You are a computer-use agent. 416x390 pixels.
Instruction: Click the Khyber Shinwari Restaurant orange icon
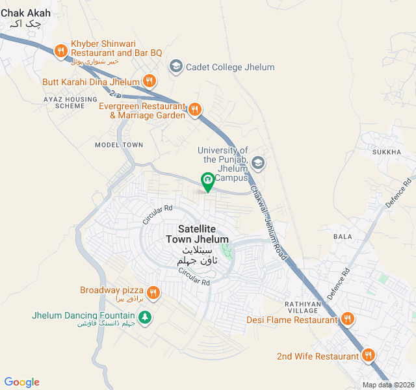tap(60, 50)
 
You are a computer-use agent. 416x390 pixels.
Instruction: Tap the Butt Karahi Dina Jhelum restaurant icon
tap(149, 81)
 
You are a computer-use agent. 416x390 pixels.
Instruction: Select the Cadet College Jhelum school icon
tap(175, 66)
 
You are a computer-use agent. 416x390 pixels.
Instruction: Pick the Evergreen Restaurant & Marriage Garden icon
tap(195, 109)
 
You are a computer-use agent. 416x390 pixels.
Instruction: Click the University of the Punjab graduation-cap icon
tap(257, 162)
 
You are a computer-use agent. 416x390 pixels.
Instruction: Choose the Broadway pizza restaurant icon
tap(153, 292)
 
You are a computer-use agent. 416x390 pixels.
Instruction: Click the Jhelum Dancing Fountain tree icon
tap(147, 317)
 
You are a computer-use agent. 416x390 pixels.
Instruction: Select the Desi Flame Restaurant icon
tap(348, 319)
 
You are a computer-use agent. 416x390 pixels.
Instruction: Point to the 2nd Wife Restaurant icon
tap(369, 356)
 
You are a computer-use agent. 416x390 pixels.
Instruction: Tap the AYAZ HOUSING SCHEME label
tap(64, 101)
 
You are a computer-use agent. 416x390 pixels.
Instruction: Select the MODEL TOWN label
tap(118, 144)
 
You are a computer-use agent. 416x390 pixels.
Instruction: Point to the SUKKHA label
tap(387, 152)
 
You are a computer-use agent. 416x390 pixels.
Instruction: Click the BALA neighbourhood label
tap(342, 236)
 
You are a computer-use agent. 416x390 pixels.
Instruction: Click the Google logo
tap(21, 382)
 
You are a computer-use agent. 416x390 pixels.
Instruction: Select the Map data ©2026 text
tap(387, 385)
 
